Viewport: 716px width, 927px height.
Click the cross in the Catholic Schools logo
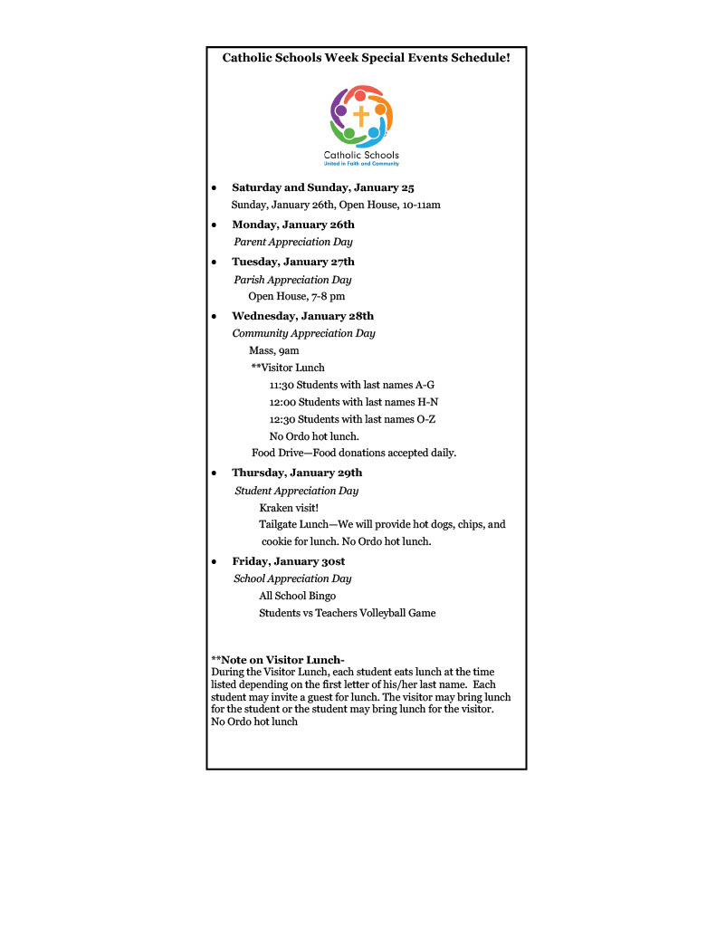[x=361, y=117]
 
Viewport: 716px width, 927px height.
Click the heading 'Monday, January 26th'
[x=293, y=225]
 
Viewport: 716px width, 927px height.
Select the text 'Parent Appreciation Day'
[x=293, y=242]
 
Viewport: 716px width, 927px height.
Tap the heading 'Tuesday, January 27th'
[x=293, y=262]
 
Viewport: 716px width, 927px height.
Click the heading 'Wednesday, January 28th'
[x=302, y=316]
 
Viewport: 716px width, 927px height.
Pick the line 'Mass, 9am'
[x=273, y=349]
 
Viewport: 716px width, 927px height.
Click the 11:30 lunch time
[x=282, y=385]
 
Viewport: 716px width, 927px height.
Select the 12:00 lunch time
[x=282, y=402]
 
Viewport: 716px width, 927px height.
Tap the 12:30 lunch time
[x=282, y=419]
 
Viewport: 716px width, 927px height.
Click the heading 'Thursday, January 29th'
[x=297, y=473]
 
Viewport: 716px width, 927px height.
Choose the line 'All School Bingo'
[x=297, y=596]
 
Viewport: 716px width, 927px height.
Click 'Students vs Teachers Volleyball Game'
[x=347, y=613]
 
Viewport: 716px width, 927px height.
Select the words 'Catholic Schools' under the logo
[x=361, y=156]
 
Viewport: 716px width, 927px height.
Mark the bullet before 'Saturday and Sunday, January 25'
[x=214, y=188]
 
